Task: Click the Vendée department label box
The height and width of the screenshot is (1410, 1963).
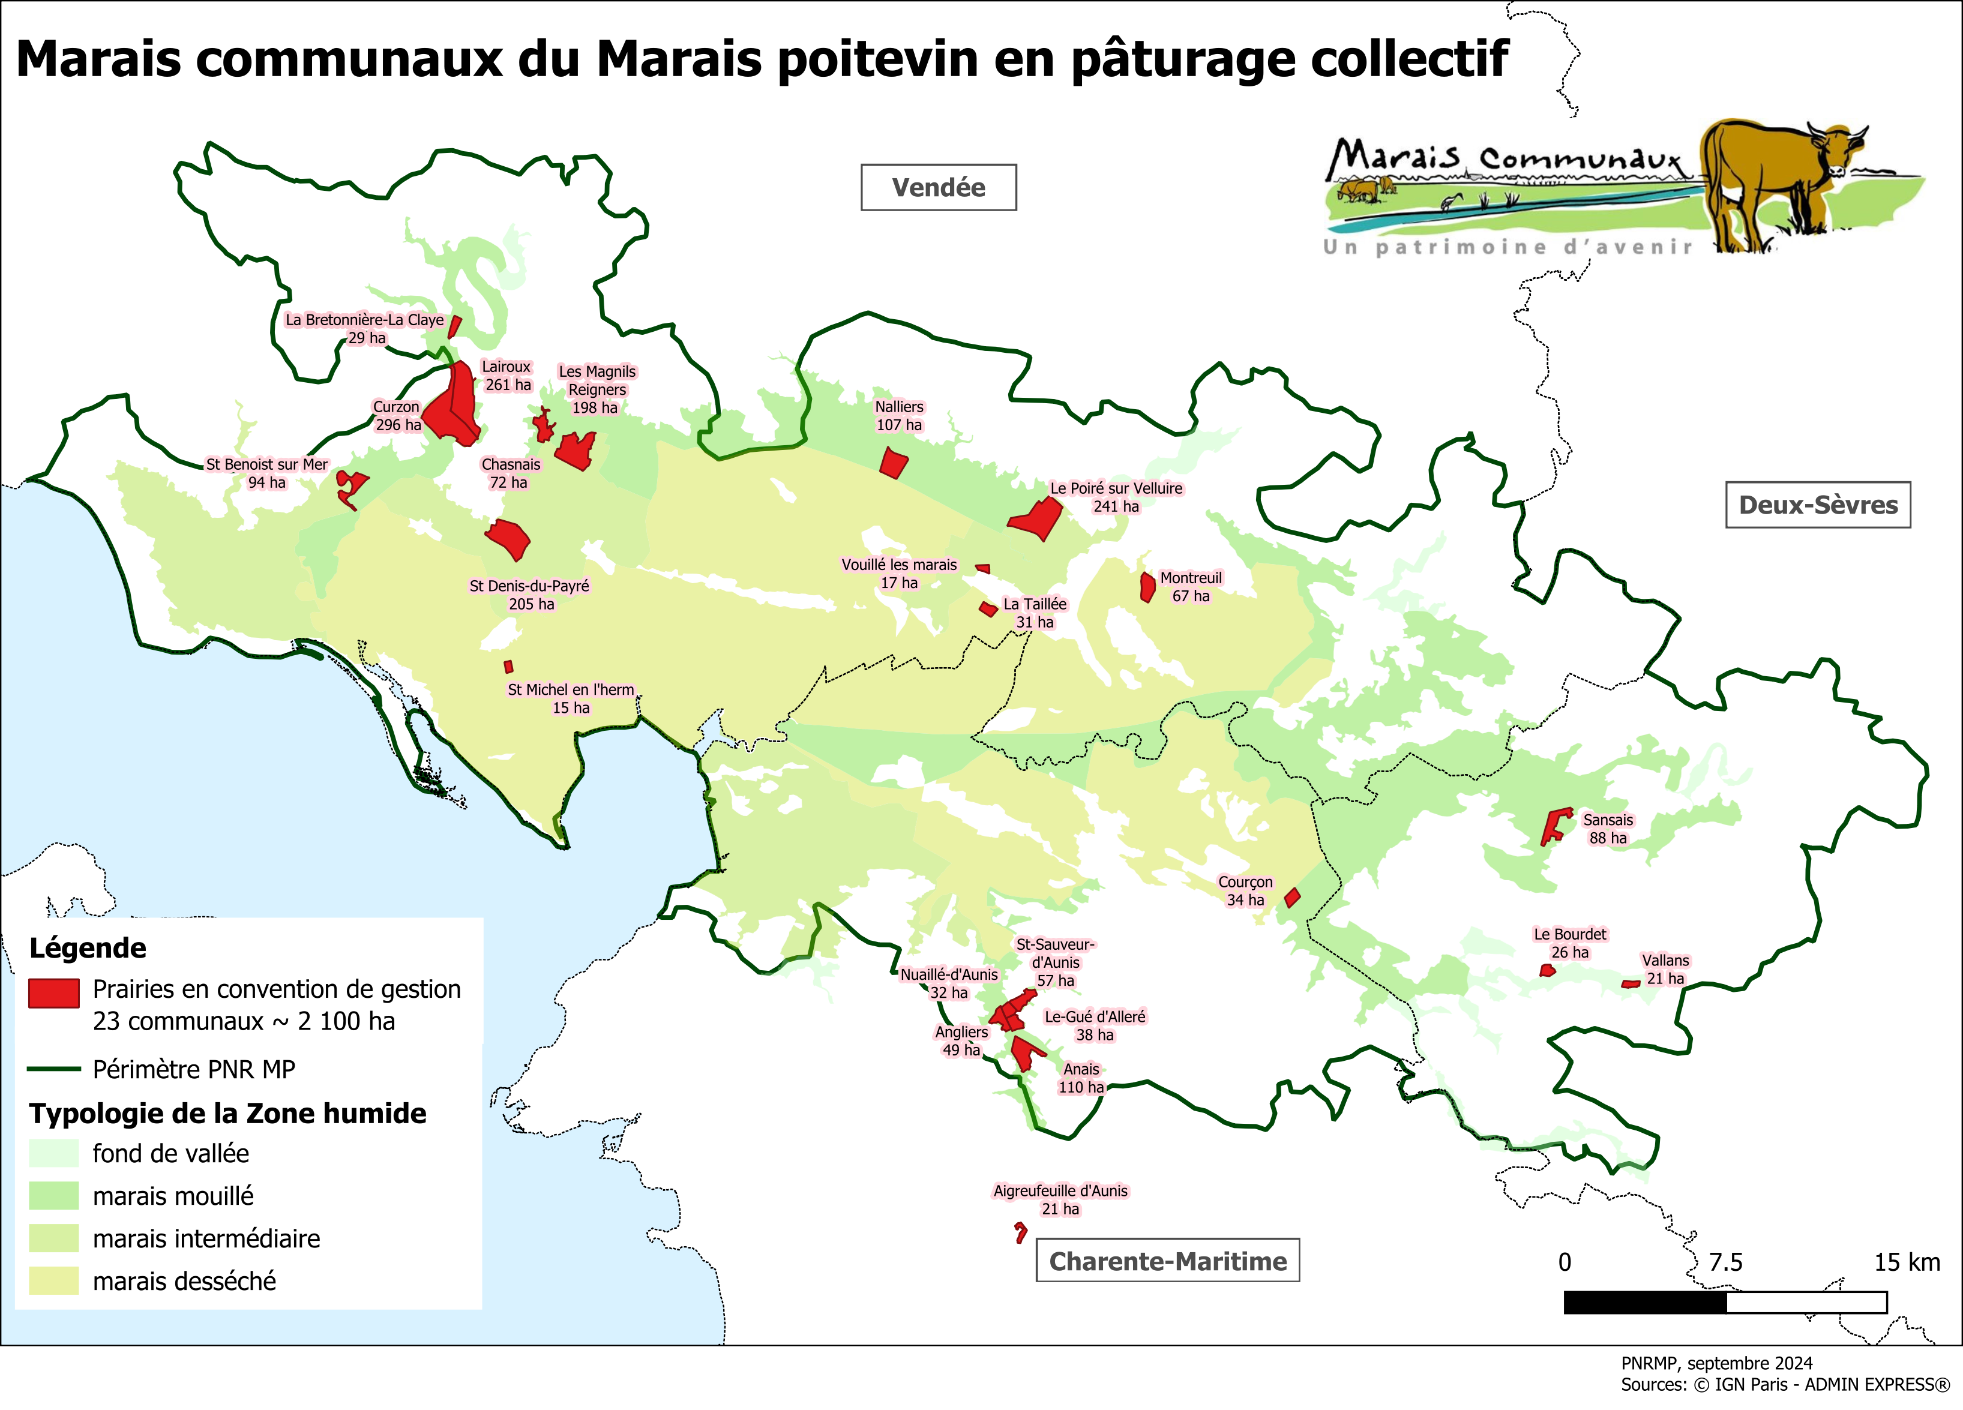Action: [x=938, y=187]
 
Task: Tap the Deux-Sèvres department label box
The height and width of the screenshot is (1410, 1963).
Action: [x=1818, y=505]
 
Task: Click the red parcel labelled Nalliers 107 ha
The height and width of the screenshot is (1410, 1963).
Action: [x=892, y=464]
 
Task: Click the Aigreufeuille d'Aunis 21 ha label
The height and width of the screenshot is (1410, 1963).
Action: [x=1060, y=1199]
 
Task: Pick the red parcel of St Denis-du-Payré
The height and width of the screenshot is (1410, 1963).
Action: [x=508, y=538]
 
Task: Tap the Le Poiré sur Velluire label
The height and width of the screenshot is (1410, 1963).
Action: [x=1116, y=497]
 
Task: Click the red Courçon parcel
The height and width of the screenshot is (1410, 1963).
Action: [x=1291, y=898]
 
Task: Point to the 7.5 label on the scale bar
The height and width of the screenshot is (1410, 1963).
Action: [x=1725, y=1262]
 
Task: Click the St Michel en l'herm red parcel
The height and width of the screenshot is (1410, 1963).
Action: [x=509, y=667]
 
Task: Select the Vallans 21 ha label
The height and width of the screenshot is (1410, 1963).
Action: [x=1665, y=968]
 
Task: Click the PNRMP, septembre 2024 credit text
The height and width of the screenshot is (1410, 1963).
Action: [x=1716, y=1363]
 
